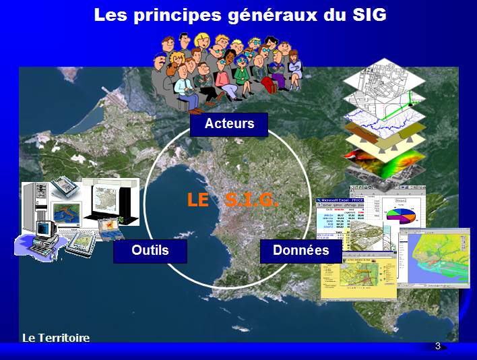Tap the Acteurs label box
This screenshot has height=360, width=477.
tap(229, 124)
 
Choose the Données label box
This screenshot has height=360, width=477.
tap(300, 251)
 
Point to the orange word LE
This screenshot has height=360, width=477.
tap(199, 200)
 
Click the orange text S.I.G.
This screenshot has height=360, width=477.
tap(251, 200)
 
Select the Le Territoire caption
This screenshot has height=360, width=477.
tap(55, 338)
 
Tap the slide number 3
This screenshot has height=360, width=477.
tap(438, 347)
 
